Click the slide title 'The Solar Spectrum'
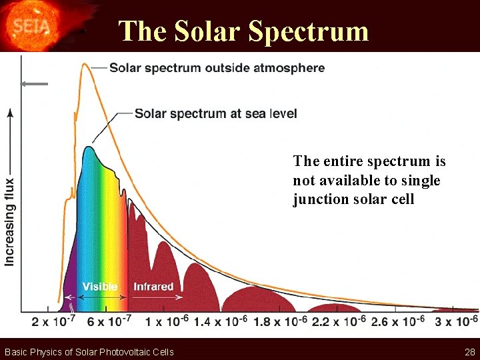tap(243, 31)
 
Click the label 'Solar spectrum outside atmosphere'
tap(217, 68)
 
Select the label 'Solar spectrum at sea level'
tap(215, 113)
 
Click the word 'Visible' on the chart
tap(100, 287)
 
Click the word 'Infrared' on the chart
tap(153, 287)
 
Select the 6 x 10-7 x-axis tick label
tap(109, 322)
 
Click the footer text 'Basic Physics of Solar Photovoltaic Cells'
tap(89, 352)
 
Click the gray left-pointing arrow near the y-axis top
tap(33, 84)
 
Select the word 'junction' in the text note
tap(319, 199)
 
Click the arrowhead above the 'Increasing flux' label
tap(10, 113)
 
